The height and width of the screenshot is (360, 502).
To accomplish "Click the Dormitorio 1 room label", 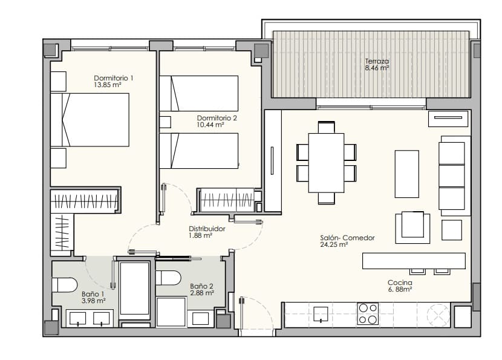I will pos(114,78).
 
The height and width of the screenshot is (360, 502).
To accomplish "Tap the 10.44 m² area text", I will pos(210,125).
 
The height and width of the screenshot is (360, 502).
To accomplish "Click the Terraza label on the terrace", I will pos(377,61).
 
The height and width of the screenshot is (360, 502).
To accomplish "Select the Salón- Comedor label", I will pos(347,238).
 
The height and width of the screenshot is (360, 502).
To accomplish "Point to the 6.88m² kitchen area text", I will pos(400,290).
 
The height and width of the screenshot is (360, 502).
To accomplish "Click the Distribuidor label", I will pos(207,229).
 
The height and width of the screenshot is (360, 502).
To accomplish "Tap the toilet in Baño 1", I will pos(65,284).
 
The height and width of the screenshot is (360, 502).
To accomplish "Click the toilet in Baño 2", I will pos(168,278).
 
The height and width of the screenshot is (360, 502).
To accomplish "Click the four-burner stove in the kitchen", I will pos(368,313).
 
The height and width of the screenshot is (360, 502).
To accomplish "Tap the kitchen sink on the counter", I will pos(321,314).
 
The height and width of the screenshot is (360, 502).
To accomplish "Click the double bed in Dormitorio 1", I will pos(91,120).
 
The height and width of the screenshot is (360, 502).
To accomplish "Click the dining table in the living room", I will pos(326,162).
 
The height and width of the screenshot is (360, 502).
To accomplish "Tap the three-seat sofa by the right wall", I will pos(454,175).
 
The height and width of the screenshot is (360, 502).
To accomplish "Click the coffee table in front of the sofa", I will pos(406,174).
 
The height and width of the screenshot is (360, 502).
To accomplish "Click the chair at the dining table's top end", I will pos(326,127).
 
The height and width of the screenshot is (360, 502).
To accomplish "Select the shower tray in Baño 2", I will pos(171,312).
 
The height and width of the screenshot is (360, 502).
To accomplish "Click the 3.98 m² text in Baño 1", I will pos(94,300).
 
